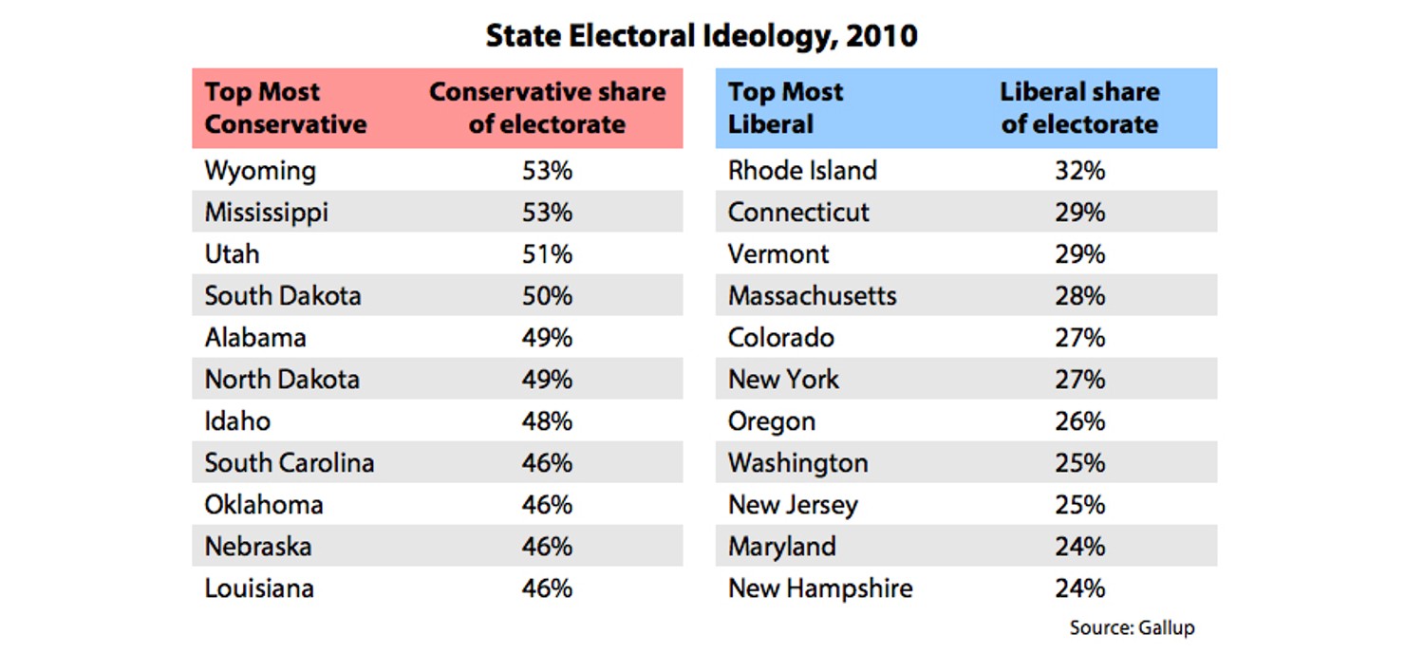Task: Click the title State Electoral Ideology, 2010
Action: (702, 36)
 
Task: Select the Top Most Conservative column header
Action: (286, 108)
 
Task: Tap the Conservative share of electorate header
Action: (547, 108)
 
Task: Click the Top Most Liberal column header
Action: (785, 108)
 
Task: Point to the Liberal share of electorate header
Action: (1079, 108)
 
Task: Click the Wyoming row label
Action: (260, 171)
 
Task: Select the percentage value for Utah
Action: (547, 254)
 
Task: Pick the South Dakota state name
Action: (283, 296)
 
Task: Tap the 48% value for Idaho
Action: (547, 421)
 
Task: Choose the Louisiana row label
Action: (259, 588)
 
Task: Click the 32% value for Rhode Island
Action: (1079, 171)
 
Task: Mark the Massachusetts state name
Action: (812, 296)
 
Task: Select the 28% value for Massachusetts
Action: (1079, 296)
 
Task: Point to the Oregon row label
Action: (772, 421)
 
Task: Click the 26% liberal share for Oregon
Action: (1079, 421)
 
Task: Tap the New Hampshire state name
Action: (820, 588)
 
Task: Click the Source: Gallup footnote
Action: (1132, 628)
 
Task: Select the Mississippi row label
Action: (267, 213)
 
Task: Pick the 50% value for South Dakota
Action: (547, 296)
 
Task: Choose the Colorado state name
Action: (781, 338)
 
